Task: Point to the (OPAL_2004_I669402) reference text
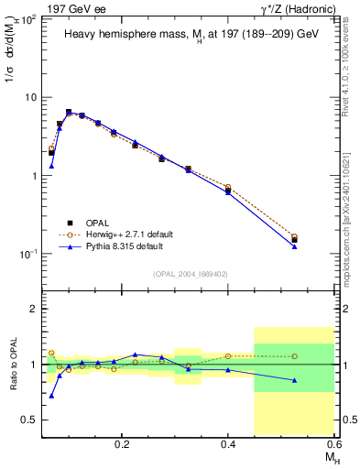[x=190, y=272]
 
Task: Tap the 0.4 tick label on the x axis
[x=228, y=442]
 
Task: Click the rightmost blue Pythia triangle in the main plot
[x=294, y=246]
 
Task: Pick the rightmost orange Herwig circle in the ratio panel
[x=294, y=356]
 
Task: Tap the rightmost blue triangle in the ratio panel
[x=294, y=380]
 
